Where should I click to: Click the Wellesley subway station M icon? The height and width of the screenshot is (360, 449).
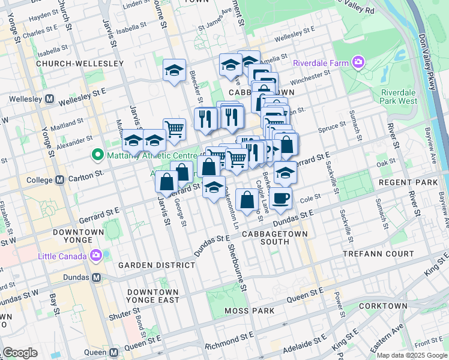click(50, 98)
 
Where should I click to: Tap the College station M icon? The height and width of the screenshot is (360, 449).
click(59, 179)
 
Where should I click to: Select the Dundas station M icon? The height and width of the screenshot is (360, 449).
click(97, 278)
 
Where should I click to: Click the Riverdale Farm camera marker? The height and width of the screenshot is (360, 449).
click(359, 62)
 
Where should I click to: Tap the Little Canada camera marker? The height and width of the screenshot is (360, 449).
click(96, 256)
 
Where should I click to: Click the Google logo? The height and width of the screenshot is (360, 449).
click(20, 353)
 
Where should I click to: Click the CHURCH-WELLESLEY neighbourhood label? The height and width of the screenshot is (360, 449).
click(80, 63)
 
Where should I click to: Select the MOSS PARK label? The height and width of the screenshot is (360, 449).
click(250, 311)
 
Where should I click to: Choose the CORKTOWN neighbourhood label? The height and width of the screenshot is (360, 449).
click(383, 306)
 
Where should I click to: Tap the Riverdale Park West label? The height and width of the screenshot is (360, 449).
click(399, 97)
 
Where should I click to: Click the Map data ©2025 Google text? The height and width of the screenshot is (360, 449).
click(412, 355)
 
